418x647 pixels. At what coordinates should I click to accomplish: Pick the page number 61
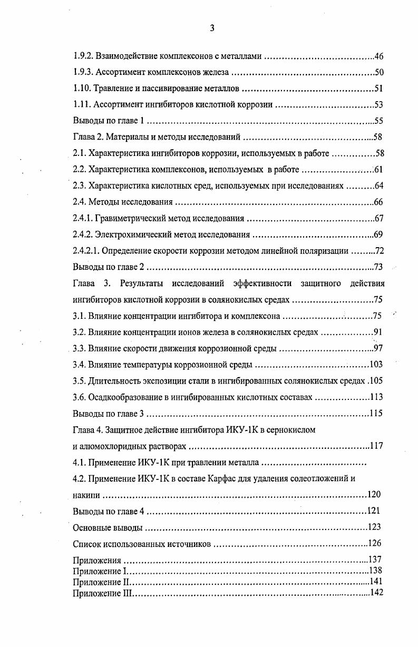coord(378,170)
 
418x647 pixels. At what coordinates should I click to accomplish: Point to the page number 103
coord(376,365)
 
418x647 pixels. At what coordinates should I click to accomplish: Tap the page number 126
coord(375,543)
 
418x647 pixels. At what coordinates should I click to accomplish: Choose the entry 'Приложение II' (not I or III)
coord(101,581)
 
